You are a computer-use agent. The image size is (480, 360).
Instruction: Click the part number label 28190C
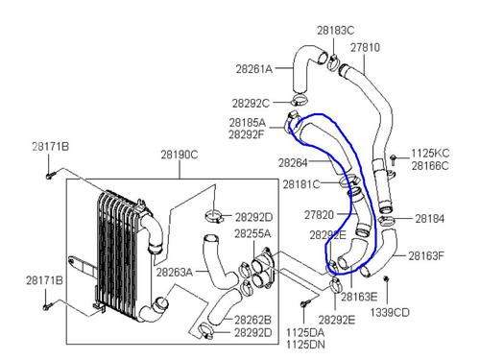[180, 155]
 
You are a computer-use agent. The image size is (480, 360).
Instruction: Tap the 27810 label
[365, 47]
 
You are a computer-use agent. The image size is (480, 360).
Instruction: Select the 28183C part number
[336, 31]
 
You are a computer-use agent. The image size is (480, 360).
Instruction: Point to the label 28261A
[254, 69]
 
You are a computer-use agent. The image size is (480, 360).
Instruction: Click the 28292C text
[251, 104]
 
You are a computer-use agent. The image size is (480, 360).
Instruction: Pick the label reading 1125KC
[430, 154]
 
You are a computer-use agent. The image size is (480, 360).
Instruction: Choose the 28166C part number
[430, 166]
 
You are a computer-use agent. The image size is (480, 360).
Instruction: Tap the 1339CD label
[390, 312]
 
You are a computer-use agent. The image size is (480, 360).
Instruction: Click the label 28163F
[426, 255]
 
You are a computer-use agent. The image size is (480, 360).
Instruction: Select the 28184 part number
[430, 219]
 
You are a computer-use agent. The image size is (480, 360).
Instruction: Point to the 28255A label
[252, 233]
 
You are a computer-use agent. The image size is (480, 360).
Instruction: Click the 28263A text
[175, 273]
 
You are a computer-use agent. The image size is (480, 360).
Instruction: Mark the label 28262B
[252, 320]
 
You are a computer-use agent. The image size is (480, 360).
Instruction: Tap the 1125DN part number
[305, 345]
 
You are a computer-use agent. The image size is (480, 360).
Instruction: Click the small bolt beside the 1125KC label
[394, 159]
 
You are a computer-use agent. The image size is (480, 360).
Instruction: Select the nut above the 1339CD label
[386, 279]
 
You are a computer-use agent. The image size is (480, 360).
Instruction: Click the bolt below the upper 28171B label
[51, 176]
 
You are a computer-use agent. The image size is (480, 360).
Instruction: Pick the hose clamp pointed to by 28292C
[300, 100]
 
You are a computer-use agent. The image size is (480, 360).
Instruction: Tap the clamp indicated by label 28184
[386, 221]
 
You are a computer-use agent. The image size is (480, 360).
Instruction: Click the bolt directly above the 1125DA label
[305, 303]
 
